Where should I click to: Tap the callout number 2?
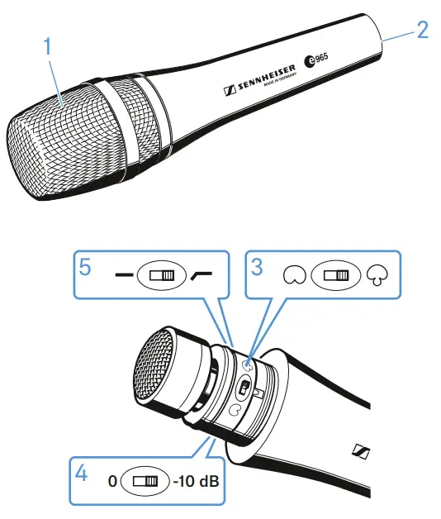pyautogui.click(x=422, y=31)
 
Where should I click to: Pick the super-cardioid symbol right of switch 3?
pyautogui.click(x=377, y=275)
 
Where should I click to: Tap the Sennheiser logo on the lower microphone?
pyautogui.click(x=360, y=450)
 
